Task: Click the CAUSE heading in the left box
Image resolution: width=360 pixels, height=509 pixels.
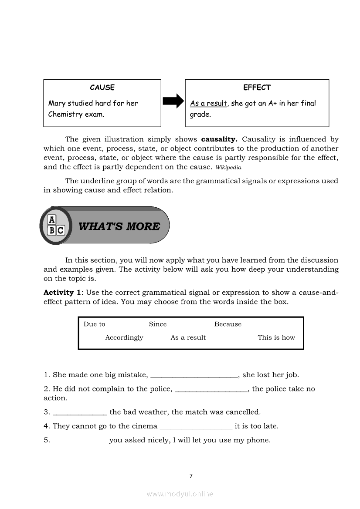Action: click(102, 88)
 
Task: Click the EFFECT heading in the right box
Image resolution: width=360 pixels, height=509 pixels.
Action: click(257, 88)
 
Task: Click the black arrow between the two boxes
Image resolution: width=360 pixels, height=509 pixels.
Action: click(173, 102)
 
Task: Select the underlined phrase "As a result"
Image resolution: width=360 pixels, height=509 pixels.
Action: click(208, 104)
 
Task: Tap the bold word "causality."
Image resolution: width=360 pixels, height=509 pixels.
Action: click(219, 139)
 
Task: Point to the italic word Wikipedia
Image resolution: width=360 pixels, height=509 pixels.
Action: click(228, 168)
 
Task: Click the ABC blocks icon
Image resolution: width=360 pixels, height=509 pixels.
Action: click(55, 226)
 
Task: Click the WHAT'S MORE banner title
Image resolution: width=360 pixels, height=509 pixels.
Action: click(119, 226)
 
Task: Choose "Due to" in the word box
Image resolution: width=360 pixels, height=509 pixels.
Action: click(94, 324)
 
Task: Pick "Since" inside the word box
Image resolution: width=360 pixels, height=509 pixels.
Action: click(158, 324)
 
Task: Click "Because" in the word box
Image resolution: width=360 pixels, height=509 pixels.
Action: click(228, 324)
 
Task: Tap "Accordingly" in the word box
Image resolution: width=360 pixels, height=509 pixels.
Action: click(124, 337)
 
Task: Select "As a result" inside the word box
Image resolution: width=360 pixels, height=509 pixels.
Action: click(188, 337)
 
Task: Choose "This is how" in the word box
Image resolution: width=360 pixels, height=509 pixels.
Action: click(276, 337)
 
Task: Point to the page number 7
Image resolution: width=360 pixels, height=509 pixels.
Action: click(191, 476)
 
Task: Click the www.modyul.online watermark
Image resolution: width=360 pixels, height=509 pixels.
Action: click(180, 494)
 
